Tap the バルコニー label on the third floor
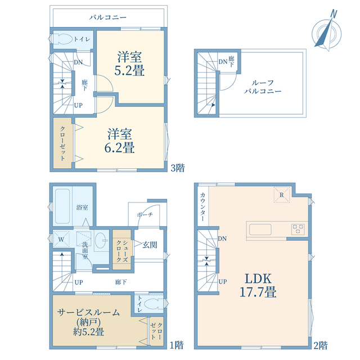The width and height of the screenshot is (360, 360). point(108,17)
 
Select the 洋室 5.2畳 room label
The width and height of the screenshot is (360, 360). point(129,64)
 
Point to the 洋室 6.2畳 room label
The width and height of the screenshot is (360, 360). point(120,141)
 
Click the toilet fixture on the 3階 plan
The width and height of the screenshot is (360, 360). point(62,39)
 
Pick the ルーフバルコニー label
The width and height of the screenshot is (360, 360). point(263,87)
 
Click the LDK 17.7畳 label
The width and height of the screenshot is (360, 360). point(258,285)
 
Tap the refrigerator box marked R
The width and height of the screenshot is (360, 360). point(282,195)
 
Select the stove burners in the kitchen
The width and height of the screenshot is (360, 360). point(298,229)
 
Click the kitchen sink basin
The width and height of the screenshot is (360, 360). point(260,229)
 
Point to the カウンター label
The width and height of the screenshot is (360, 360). point(202,206)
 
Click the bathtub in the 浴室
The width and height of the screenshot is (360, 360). point(62,206)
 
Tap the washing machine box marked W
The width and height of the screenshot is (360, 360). point(61,239)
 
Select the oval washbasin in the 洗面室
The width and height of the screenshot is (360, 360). point(101,240)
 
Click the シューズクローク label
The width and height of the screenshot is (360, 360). point(122,251)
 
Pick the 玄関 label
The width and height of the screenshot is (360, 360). point(150,245)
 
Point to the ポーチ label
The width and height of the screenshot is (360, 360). point(145,215)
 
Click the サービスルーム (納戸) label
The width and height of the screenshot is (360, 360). point(89,317)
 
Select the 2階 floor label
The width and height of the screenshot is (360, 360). point(321,345)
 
